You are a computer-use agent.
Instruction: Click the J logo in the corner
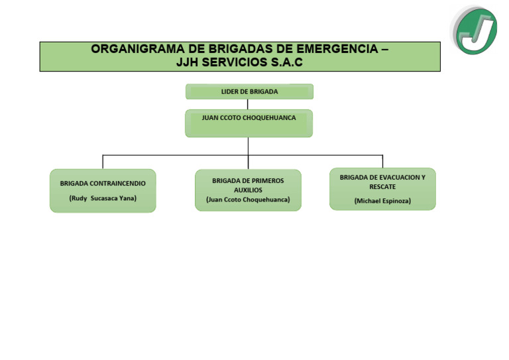[475, 30]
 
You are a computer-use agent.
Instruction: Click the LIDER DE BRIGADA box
[249, 91]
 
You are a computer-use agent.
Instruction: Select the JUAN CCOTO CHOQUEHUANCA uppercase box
[249, 123]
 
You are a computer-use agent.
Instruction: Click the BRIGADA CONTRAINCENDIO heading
[103, 183]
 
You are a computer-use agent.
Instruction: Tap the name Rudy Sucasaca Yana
[103, 198]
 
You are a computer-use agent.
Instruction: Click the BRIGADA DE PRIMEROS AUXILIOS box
[248, 190]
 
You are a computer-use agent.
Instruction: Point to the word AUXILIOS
[248, 190]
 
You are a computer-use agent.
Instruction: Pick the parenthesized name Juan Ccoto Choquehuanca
[248, 200]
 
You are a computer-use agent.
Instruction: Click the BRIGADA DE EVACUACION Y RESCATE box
[382, 189]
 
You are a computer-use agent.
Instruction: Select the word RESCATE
[382, 187]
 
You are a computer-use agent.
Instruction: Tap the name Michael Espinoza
[382, 200]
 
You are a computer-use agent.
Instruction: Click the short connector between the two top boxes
[248, 104]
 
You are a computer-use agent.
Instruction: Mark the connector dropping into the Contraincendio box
[103, 162]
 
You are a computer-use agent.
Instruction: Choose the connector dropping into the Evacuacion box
[382, 161]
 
